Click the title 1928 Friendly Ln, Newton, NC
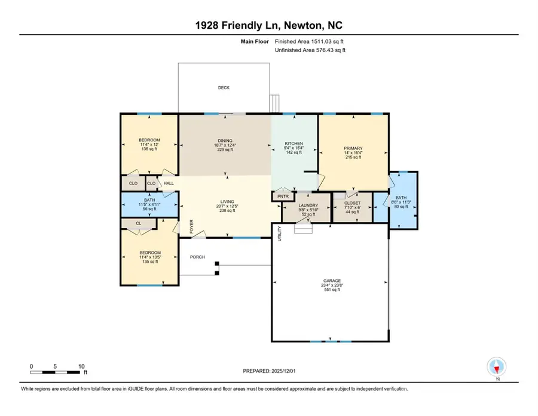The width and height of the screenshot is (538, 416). [268, 25]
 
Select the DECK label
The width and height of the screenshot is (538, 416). [223, 88]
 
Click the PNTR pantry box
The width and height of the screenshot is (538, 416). [282, 196]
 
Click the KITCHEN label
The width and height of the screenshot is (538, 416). [294, 144]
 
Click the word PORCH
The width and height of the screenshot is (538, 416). [197, 257]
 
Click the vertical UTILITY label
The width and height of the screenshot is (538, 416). [279, 233]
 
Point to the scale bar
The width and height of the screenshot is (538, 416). [57, 372]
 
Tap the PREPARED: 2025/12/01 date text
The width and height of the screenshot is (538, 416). [270, 371]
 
